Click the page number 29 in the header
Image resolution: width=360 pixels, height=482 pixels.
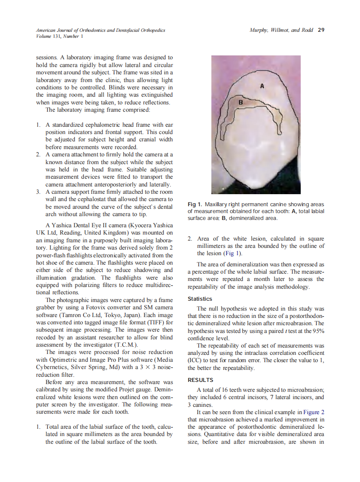(321, 31)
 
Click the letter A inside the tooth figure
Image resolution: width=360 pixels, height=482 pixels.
(262, 86)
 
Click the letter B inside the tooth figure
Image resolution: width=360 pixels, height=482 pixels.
(240, 103)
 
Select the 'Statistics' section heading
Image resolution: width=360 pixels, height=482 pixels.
(200, 299)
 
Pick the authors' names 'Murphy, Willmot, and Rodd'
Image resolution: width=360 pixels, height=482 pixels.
(281, 31)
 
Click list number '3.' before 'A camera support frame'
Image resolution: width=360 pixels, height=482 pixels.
(39, 192)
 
